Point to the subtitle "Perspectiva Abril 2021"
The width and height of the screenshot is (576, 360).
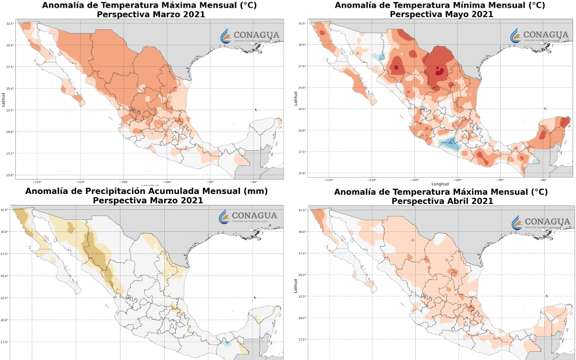[x=442, y=201]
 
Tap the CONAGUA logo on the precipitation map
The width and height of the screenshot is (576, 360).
[x=248, y=217]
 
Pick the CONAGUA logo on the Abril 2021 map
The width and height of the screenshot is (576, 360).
[x=540, y=222]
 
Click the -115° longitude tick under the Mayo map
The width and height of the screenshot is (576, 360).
[x=329, y=180]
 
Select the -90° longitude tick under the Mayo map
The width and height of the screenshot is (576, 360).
[x=543, y=180]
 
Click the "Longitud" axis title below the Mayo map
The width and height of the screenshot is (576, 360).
[x=440, y=184]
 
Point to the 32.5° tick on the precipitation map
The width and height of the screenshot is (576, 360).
[x=5, y=210]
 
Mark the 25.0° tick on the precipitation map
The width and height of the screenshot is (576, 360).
[x=5, y=276]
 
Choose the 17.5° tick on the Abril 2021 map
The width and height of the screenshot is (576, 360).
[x=302, y=339]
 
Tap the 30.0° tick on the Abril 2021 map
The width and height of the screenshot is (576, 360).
[x=302, y=231]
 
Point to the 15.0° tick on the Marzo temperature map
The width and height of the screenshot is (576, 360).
[x=9, y=175]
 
